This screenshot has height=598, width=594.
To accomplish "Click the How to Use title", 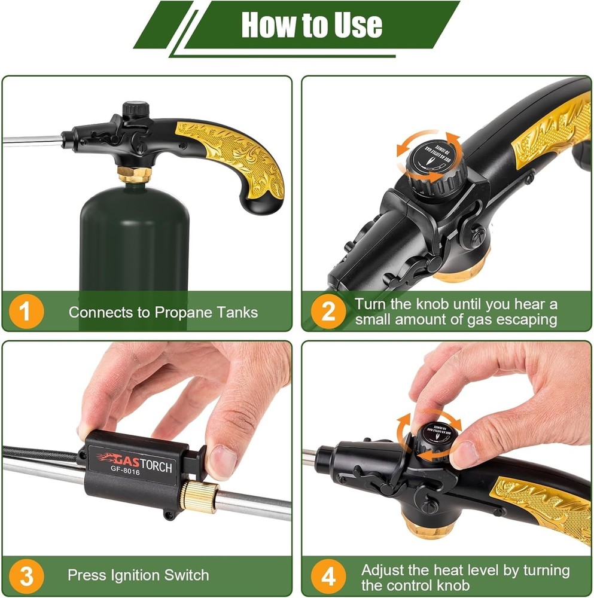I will tap(311, 25).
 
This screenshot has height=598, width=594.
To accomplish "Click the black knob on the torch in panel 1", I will tap(135, 111).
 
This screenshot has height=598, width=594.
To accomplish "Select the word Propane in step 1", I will tap(182, 312).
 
